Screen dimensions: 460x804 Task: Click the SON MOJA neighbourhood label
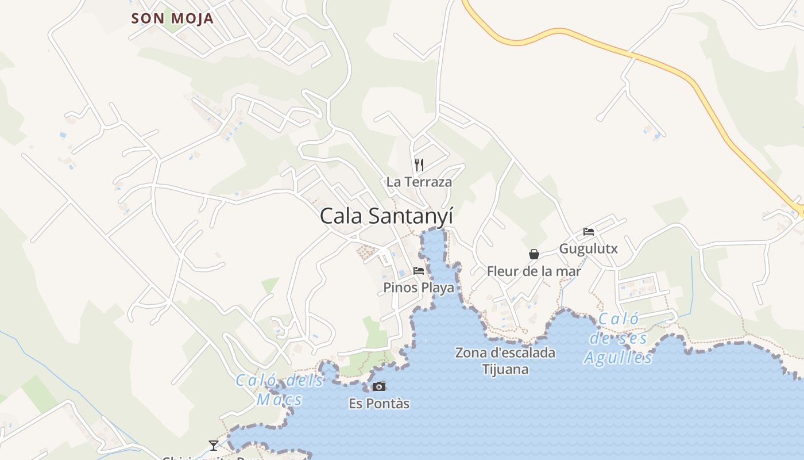coord(172,18)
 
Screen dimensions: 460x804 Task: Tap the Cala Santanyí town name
coord(386,216)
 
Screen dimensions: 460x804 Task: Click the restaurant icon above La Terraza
coord(419,165)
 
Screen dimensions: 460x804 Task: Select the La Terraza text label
coord(419,182)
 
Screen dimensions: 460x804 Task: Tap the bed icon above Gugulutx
coord(589,232)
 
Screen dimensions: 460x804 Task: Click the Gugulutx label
coord(589,249)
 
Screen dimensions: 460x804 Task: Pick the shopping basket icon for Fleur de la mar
coord(534,254)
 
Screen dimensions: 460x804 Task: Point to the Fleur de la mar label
coord(534,271)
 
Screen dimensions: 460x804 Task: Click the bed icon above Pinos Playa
coord(419,270)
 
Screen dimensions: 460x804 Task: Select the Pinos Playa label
coord(419,287)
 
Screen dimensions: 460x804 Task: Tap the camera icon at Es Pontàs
coord(379,386)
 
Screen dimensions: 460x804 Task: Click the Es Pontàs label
coord(379,404)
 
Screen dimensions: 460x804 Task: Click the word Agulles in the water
coord(619,358)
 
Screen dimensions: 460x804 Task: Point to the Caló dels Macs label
coord(280,389)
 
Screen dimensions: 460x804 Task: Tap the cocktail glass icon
coord(214,445)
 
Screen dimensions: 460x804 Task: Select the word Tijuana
coord(505,369)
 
